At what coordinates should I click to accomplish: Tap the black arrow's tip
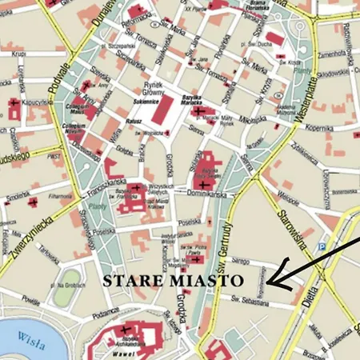tap(267, 283)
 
